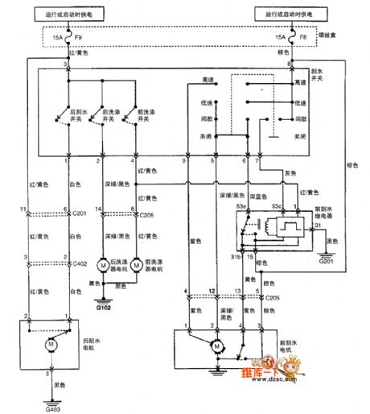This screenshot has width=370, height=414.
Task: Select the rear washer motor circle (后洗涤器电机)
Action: pyautogui.click(x=102, y=265)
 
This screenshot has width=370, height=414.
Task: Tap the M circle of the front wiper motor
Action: pyautogui.click(x=216, y=346)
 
